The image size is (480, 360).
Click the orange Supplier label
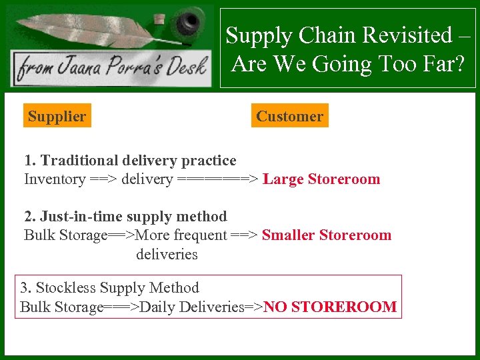click(x=57, y=117)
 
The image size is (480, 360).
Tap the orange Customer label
click(x=289, y=117)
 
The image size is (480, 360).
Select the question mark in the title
click(x=461, y=64)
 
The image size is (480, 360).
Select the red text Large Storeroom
click(x=321, y=179)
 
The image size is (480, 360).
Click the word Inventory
click(x=55, y=179)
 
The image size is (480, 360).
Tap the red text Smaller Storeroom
click(x=327, y=235)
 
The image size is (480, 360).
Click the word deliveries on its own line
click(x=167, y=254)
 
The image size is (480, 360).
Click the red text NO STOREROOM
click(x=330, y=307)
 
